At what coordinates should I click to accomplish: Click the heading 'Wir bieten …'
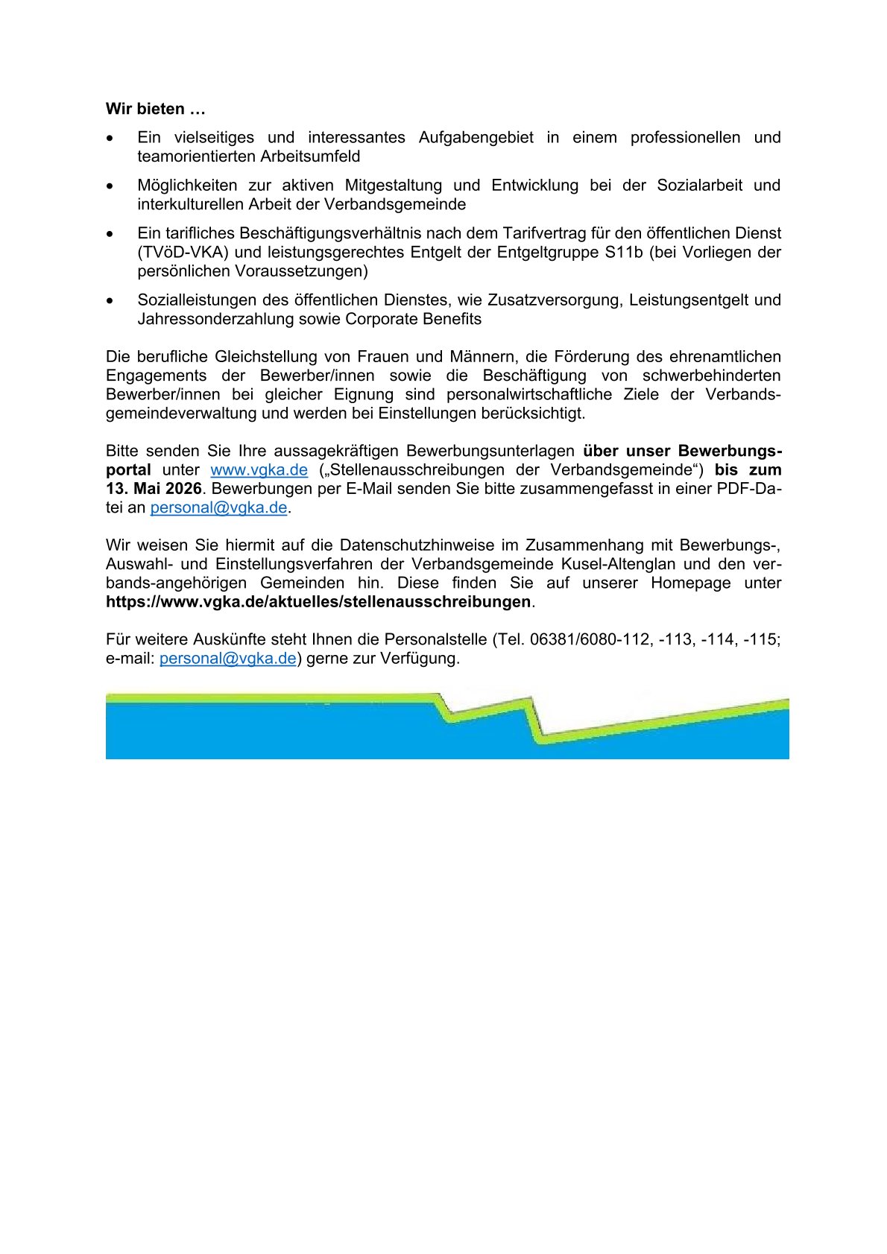pos(155,110)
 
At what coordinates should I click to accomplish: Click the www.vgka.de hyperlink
pos(259,470)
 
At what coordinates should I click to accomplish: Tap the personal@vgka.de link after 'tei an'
pos(218,508)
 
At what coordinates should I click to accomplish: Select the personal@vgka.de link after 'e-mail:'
pos(228,659)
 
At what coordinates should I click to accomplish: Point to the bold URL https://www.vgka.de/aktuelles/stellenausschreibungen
pos(318,602)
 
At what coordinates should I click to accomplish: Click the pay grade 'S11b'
pos(621,253)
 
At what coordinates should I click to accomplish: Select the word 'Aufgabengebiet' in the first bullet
pos(476,138)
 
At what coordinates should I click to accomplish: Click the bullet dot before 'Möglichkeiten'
pos(110,186)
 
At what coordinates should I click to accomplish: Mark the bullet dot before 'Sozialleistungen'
pos(110,300)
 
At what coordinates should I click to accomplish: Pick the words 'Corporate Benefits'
pos(413,320)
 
